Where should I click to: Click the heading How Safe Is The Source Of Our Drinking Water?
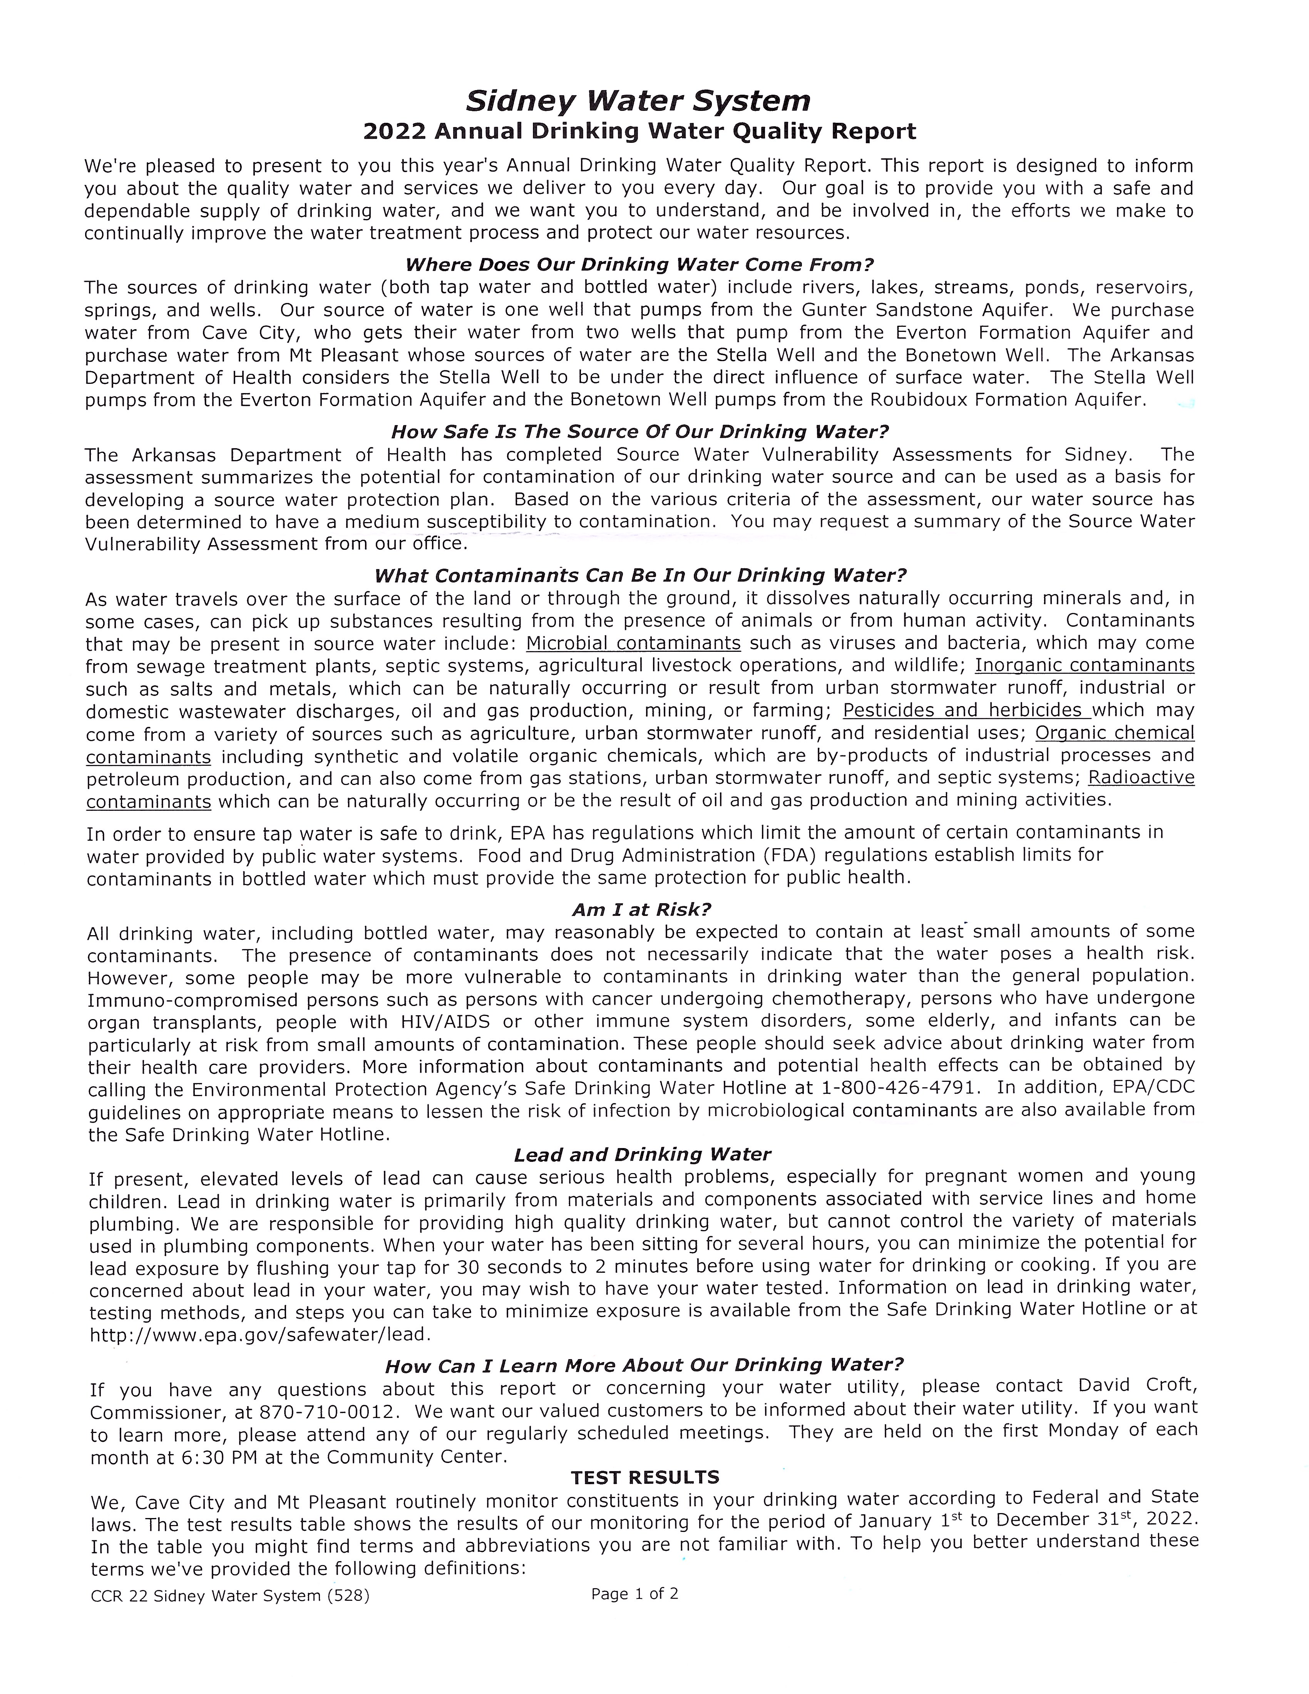coord(640,431)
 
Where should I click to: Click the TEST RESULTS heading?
coord(645,1478)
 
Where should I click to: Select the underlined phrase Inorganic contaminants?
coord(1084,666)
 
